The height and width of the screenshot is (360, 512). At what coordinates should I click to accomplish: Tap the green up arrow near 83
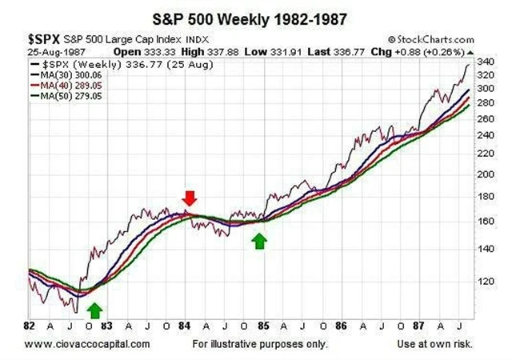tap(95, 310)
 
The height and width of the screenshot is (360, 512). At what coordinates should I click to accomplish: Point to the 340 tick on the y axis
tap(485, 61)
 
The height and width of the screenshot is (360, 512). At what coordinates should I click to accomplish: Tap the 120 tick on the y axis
tap(485, 282)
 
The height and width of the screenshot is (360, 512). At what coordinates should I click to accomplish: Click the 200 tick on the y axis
tap(485, 174)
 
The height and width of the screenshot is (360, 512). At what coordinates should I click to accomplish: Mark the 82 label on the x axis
tap(31, 327)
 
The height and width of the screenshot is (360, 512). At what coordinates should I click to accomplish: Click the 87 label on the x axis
tap(418, 327)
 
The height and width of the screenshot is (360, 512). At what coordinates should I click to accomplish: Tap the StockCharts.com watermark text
tap(431, 38)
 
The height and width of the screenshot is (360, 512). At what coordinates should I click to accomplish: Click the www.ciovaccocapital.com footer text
tap(87, 344)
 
